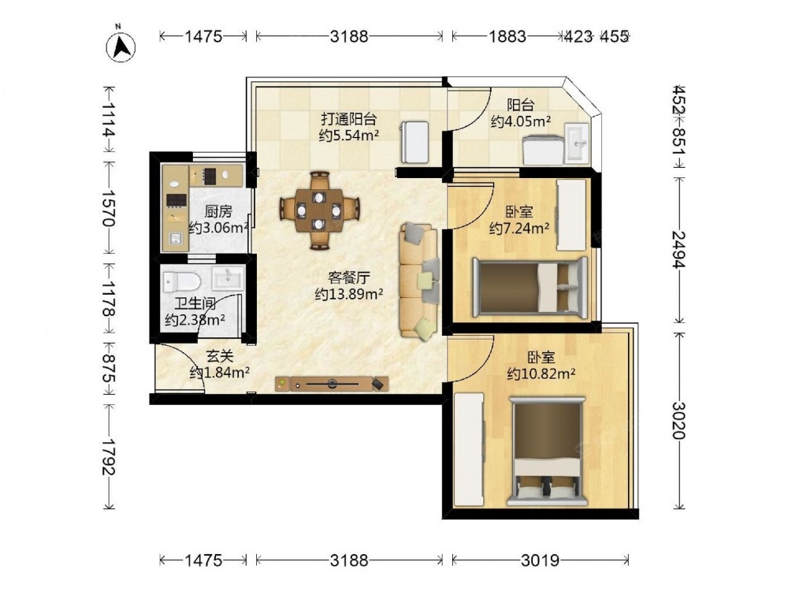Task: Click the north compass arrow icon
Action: pyautogui.click(x=121, y=47)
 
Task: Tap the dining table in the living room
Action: pyautogui.click(x=319, y=210)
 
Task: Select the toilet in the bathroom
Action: pyautogui.click(x=181, y=282)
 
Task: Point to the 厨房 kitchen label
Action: pyautogui.click(x=218, y=211)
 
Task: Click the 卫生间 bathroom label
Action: pyautogui.click(x=195, y=303)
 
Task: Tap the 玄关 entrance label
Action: pyautogui.click(x=220, y=356)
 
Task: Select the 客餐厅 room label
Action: pyautogui.click(x=349, y=277)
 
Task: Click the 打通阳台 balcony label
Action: pyautogui.click(x=349, y=119)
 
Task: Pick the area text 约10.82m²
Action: pyautogui.click(x=541, y=374)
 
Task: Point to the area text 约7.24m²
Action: pyautogui.click(x=519, y=229)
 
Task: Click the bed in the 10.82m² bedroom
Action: pyautogui.click(x=548, y=451)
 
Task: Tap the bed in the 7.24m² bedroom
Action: pyautogui.click(x=530, y=287)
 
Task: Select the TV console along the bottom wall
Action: pyautogui.click(x=332, y=384)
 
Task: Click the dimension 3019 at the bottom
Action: pyautogui.click(x=541, y=559)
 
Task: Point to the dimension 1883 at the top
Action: pyautogui.click(x=507, y=36)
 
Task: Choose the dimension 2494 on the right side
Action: pyautogui.click(x=679, y=250)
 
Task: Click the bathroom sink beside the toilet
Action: pyautogui.click(x=228, y=278)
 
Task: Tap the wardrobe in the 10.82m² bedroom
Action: pyautogui.click(x=469, y=449)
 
